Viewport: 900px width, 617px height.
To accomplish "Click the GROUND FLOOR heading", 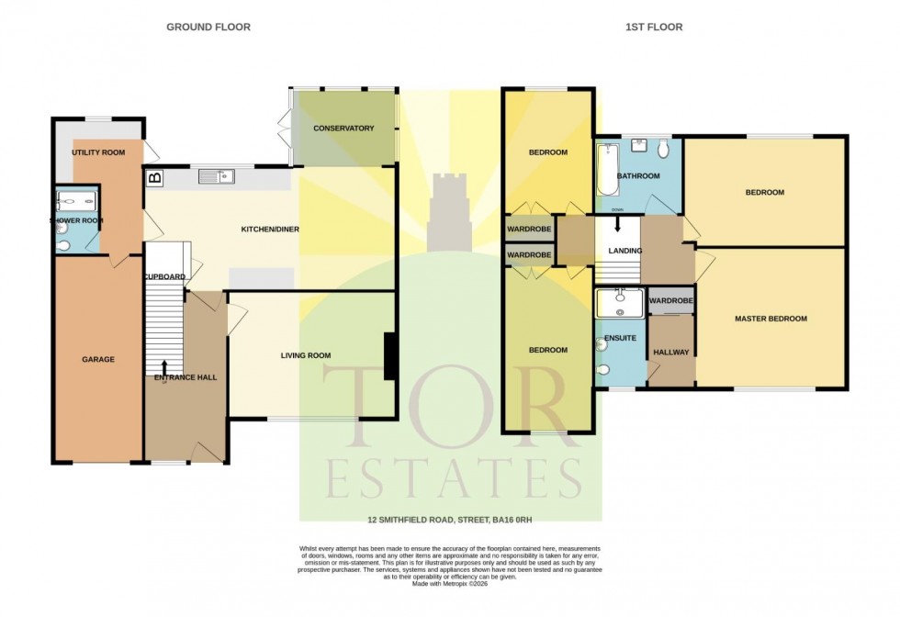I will click(x=208, y=28).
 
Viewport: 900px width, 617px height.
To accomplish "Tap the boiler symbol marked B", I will click(x=154, y=178).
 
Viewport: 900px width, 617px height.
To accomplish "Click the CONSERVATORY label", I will click(x=343, y=129).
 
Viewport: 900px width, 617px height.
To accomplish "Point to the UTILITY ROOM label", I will click(x=98, y=153).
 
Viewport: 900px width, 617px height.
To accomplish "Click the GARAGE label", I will click(x=98, y=359).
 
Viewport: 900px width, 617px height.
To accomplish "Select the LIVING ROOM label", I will click(x=306, y=355).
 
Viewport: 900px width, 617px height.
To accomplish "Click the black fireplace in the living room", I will click(x=390, y=356).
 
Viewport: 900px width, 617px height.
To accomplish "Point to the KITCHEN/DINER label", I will click(x=270, y=229).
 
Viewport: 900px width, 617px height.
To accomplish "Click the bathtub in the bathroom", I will click(x=606, y=171).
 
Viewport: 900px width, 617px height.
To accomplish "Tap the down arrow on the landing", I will click(x=617, y=224).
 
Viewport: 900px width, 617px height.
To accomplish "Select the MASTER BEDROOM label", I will click(x=771, y=319).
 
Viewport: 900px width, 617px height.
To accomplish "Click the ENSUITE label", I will click(x=621, y=339).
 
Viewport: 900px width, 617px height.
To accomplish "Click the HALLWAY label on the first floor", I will click(x=671, y=353).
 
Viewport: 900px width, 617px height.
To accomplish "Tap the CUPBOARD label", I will click(x=165, y=276).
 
